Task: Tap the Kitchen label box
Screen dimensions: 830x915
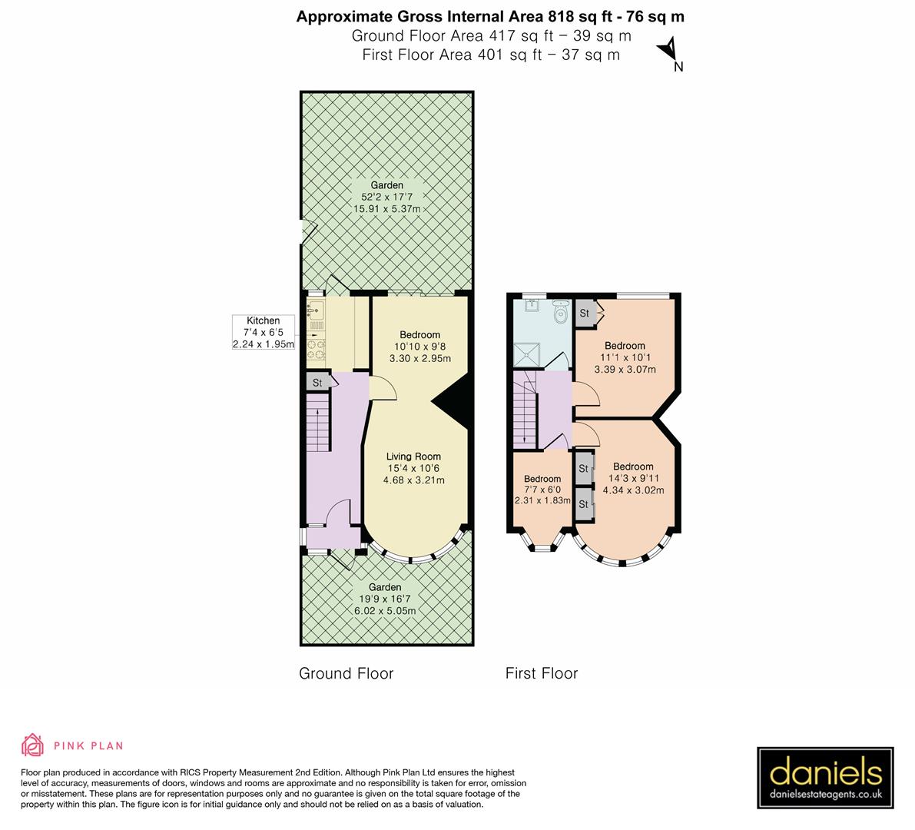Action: point(264,333)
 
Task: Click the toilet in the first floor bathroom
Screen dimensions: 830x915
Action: point(559,310)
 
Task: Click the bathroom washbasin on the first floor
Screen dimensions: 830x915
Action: point(532,307)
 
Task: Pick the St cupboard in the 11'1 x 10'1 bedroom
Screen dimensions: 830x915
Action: point(585,313)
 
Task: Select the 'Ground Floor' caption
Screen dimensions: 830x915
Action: point(346,674)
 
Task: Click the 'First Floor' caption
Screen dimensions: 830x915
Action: point(541,674)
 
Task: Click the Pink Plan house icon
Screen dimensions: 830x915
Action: point(33,745)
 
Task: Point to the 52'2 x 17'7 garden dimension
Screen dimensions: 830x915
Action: point(386,198)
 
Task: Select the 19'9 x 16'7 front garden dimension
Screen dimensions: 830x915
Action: point(386,599)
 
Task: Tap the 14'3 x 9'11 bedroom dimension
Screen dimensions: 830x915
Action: point(633,478)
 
